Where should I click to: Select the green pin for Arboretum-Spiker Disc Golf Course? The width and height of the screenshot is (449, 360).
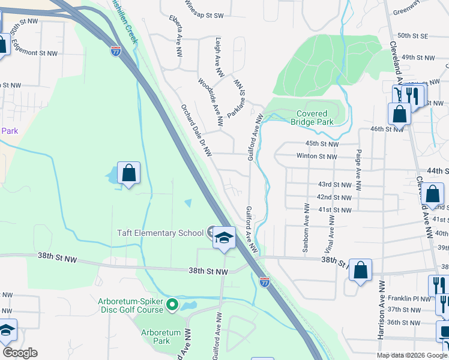(173, 305)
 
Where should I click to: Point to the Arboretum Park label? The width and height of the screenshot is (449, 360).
(155, 337)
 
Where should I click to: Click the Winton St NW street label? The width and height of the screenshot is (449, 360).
(317, 156)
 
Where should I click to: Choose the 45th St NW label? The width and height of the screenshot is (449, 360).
(322, 144)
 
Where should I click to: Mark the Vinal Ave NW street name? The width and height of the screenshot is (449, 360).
(331, 225)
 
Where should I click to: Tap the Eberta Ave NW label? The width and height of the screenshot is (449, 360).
(176, 35)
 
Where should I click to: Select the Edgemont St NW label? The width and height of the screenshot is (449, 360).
(34, 53)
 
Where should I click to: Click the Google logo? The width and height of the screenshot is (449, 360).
(20, 353)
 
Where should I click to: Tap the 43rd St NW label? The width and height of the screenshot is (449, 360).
(334, 184)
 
